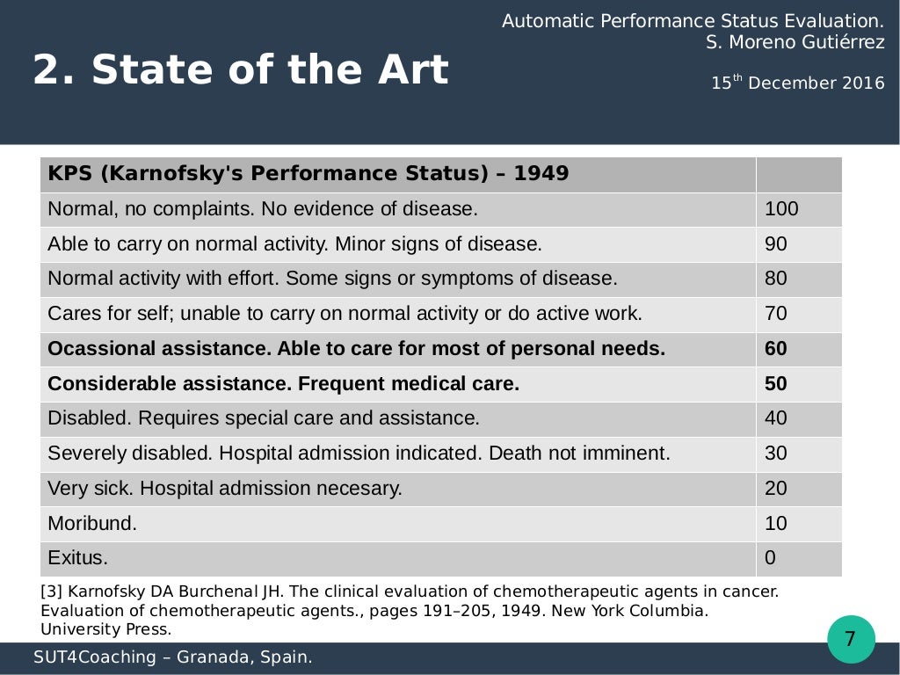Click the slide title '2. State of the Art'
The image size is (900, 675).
click(x=240, y=70)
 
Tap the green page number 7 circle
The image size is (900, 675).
click(x=850, y=639)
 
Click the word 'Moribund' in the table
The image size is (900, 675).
click(x=91, y=524)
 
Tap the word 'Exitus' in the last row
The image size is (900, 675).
click(x=77, y=558)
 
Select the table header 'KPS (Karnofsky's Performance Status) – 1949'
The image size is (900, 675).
click(x=308, y=174)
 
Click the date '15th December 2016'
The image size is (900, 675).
click(x=797, y=83)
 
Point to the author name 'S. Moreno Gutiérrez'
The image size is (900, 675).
click(x=795, y=42)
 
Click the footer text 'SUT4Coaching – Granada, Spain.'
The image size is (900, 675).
click(x=173, y=657)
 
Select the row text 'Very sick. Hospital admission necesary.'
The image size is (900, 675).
click(x=224, y=489)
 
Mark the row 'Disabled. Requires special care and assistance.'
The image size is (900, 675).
click(x=263, y=418)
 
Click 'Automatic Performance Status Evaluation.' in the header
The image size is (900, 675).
click(x=693, y=21)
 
